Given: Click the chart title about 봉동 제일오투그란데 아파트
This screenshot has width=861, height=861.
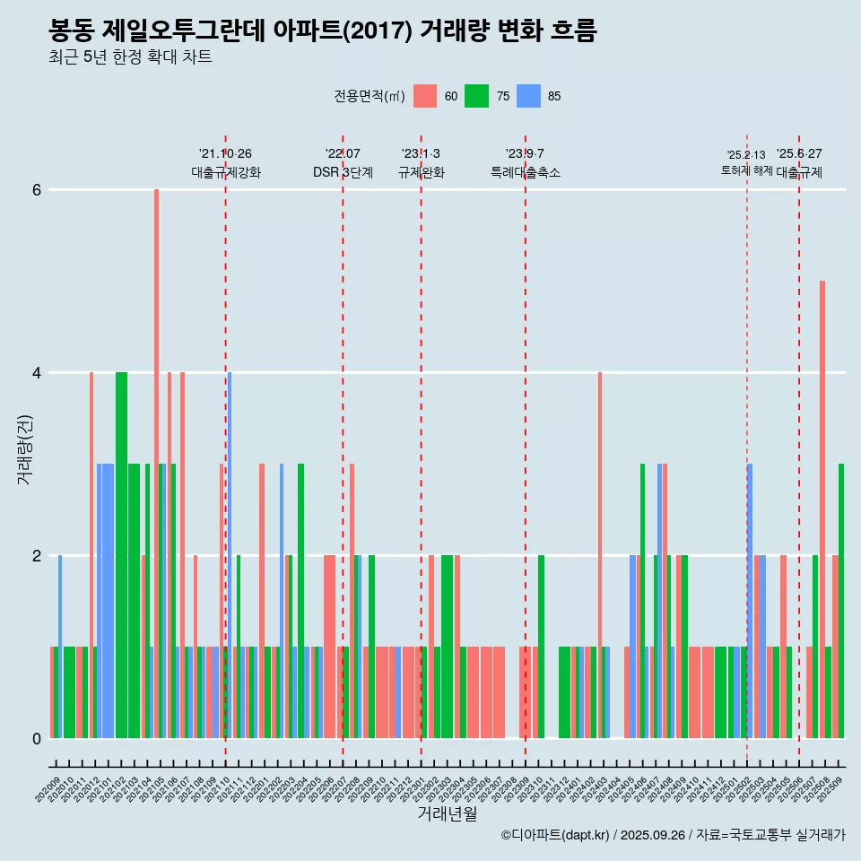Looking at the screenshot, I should coord(323,30).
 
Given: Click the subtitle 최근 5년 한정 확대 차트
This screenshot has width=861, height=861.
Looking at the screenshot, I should coord(130,58).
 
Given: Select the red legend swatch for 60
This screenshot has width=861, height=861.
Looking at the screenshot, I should coord(425,96).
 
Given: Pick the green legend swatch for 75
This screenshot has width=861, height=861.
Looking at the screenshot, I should coord(476,96).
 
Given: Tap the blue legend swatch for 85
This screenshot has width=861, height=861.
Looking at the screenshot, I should coord(529,96).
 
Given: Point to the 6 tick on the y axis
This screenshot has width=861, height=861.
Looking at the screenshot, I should coord(37,190).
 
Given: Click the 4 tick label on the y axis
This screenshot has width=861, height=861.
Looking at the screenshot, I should coord(37,373).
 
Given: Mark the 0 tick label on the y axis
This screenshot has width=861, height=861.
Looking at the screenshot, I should coord(37,739).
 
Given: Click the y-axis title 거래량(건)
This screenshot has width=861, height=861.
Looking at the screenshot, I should coord(24,448).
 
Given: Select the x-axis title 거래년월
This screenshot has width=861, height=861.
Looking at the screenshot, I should coord(447,813).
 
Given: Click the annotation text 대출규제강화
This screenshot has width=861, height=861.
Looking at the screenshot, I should coord(226,172).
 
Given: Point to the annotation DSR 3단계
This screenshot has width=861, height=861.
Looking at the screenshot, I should coord(343,172).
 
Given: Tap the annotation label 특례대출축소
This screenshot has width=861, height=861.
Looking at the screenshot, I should coord(525,172).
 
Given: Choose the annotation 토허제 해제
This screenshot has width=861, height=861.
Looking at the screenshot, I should coord(746,170).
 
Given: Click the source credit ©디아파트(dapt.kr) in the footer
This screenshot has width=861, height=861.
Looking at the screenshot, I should coord(556,835).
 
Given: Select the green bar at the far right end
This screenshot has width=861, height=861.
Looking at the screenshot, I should coord(841,601).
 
